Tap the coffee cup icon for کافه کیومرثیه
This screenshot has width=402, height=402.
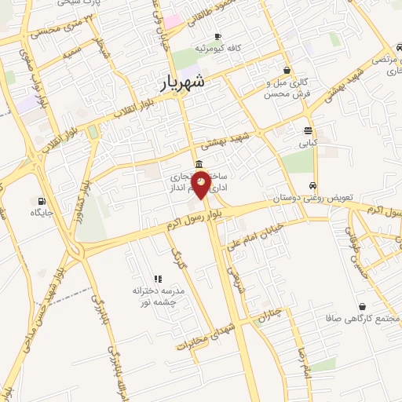pyautogui.click(x=217, y=36)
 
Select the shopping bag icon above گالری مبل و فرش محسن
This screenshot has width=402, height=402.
pyautogui.click(x=287, y=70)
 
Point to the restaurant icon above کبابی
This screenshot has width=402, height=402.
pyautogui.click(x=307, y=131)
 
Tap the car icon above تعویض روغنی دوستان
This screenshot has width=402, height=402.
pyautogui.click(x=313, y=186)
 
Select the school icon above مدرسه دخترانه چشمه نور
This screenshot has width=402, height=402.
pyautogui.click(x=158, y=278)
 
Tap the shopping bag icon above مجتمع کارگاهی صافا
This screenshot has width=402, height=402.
pyautogui.click(x=362, y=306)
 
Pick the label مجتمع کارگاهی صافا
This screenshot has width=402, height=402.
pyautogui.click(x=362, y=320)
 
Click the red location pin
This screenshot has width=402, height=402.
pyautogui.click(x=201, y=185)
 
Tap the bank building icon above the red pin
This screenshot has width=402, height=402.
pyautogui.click(x=197, y=164)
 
